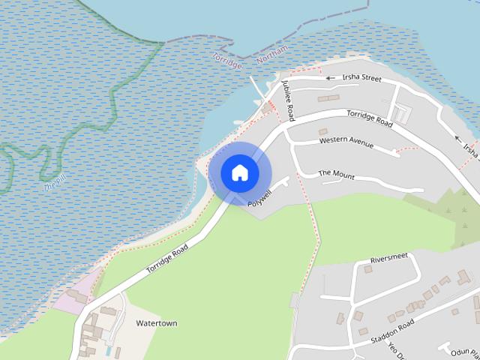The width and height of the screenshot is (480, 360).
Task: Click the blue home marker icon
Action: (239, 172)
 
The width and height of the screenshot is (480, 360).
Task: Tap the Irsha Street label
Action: (362, 78)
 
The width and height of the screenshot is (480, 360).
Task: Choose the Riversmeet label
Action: (388, 259)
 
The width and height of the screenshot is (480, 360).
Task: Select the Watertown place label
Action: (157, 323)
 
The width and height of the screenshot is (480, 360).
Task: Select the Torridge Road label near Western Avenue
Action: (369, 118)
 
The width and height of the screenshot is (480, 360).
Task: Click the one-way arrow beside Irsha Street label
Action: (329, 77)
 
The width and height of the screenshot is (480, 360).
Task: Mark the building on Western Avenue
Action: (323, 132)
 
